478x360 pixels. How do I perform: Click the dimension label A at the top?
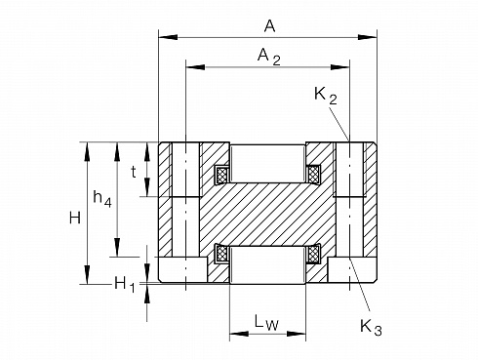pyautogui.click(x=269, y=25)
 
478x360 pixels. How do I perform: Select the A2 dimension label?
pyautogui.click(x=269, y=57)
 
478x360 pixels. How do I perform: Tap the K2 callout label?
pyautogui.click(x=326, y=96)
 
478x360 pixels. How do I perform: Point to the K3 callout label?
pyautogui.click(x=371, y=327)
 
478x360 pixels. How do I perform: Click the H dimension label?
pyautogui.click(x=75, y=218)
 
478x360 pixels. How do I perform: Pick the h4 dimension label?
pyautogui.click(x=102, y=198)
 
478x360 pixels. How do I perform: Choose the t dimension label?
pyautogui.click(x=134, y=172)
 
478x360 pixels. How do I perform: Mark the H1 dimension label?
pyautogui.click(x=125, y=285)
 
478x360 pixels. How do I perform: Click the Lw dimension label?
pyautogui.click(x=266, y=323)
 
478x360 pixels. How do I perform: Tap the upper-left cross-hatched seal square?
pyautogui.click(x=221, y=174)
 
